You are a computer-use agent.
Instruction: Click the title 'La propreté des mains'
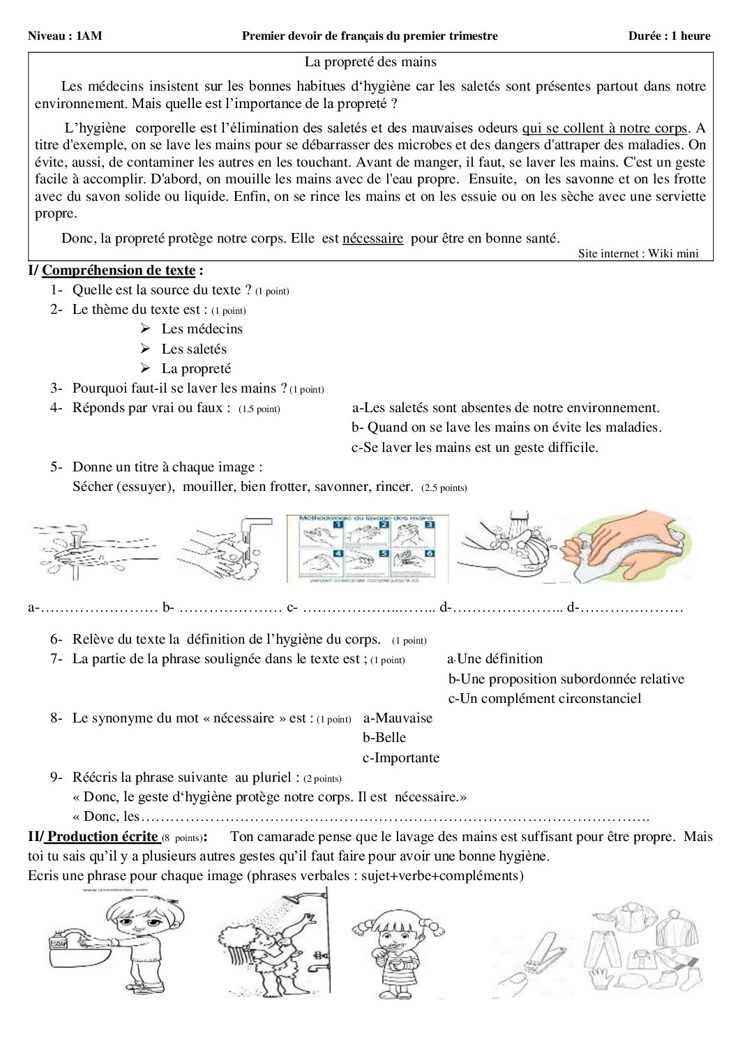tap(370, 62)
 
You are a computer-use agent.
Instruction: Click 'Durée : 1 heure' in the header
tap(669, 36)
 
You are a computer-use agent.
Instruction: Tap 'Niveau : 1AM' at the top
tap(65, 36)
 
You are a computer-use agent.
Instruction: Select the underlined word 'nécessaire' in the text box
tap(372, 239)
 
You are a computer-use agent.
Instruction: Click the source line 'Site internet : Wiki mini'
tap(638, 254)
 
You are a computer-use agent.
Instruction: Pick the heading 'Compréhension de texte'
tap(119, 271)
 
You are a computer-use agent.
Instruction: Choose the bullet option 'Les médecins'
tap(202, 329)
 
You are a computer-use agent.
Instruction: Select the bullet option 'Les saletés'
tap(194, 349)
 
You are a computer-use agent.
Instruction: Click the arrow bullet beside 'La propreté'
tap(145, 368)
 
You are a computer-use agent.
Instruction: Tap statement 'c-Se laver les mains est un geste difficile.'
tap(474, 448)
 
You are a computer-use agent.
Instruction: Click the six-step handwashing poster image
tap(368, 549)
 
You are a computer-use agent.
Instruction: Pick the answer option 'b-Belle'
tap(384, 738)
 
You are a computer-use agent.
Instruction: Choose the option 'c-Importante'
tap(401, 758)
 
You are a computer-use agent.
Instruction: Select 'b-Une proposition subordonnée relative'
tap(566, 679)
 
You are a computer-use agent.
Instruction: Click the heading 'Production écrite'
tap(102, 837)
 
